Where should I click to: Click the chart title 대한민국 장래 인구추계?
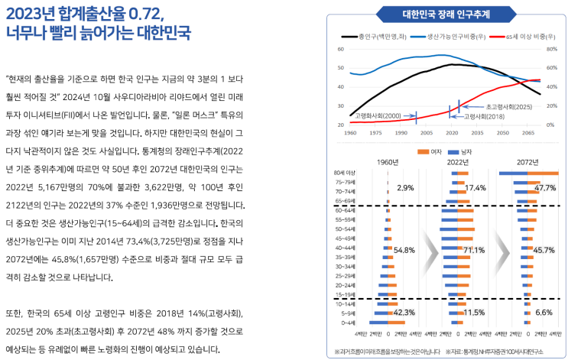point(446,14)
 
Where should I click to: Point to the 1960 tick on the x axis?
point(350,133)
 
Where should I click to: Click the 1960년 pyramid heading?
point(388,162)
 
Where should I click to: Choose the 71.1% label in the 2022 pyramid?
point(474,250)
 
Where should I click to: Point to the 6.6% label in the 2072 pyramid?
point(544,313)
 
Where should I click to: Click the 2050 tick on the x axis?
point(504,133)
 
